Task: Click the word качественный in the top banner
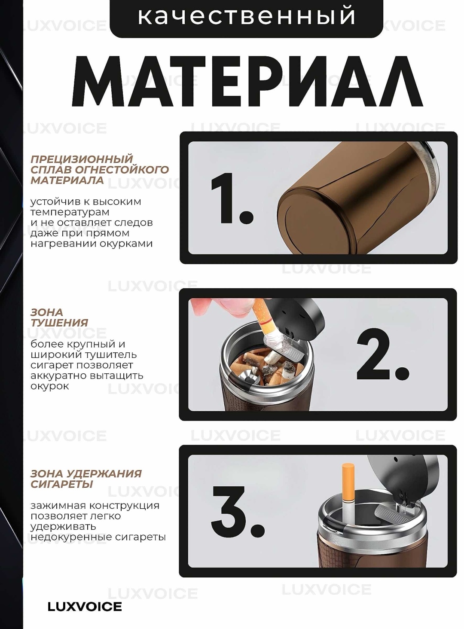click(x=246, y=16)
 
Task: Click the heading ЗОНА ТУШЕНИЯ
click(x=59, y=318)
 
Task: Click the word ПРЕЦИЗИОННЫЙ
click(x=82, y=159)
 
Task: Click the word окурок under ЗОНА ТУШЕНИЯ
click(x=50, y=386)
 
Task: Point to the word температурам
click(x=70, y=212)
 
